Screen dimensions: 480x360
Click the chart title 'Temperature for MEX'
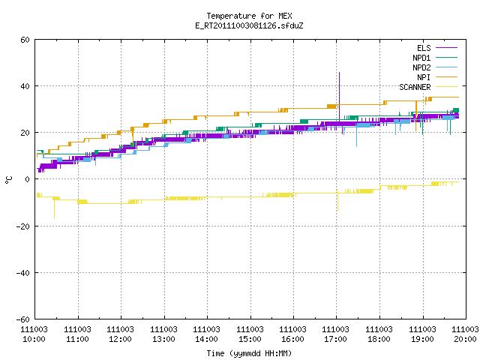(249, 16)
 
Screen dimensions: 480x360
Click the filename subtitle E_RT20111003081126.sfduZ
(249, 25)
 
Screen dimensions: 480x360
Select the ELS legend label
(424, 48)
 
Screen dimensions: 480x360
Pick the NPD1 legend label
(421, 58)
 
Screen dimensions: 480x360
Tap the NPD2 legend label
(421, 67)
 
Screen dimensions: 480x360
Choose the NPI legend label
(424, 77)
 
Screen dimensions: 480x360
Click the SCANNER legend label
(415, 87)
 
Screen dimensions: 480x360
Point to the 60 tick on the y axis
(25, 40)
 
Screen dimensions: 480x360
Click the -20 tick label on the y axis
(23, 226)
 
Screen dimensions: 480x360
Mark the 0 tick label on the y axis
(28, 179)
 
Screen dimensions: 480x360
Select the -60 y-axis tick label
(23, 319)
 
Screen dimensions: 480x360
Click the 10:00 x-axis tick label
(34, 339)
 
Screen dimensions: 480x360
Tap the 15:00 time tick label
(250, 339)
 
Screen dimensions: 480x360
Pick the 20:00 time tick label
(465, 339)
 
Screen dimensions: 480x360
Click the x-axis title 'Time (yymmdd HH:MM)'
(249, 353)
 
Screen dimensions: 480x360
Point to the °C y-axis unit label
(9, 180)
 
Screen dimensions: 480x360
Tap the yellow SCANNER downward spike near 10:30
(54, 209)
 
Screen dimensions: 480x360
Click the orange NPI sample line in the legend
(446, 77)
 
